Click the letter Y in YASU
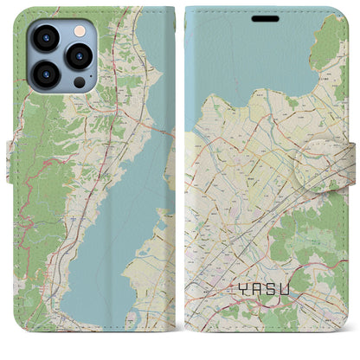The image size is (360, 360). pyautogui.click(x=241, y=305)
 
